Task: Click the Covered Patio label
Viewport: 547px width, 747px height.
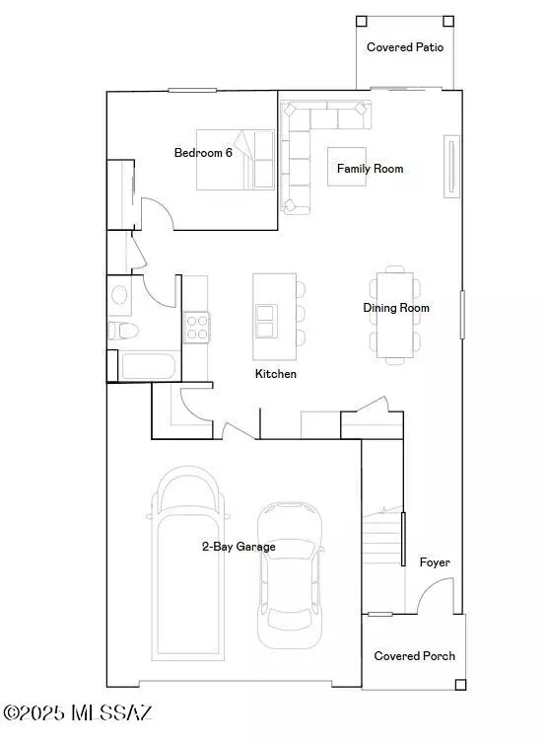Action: [x=405, y=47]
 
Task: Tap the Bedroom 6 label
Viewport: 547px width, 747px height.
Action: [x=203, y=153]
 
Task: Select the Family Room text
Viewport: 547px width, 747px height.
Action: [x=370, y=169]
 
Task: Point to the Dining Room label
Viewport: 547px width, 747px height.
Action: [x=396, y=308]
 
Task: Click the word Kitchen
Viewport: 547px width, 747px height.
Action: [x=276, y=374]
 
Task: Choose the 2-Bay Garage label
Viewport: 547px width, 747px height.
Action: [x=239, y=547]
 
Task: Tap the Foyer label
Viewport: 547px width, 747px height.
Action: [x=435, y=562]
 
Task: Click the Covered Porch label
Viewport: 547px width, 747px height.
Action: [x=414, y=656]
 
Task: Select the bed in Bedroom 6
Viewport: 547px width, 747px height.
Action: [x=237, y=159]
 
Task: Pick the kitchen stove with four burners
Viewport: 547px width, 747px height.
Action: [x=197, y=326]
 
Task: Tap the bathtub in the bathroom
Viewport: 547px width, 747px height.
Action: [x=149, y=367]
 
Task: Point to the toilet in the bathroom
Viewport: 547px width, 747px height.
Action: [x=119, y=331]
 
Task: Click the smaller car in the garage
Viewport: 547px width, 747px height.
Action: [x=290, y=572]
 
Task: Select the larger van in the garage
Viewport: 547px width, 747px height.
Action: [x=188, y=562]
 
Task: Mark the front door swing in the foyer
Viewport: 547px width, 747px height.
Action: [x=434, y=597]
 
